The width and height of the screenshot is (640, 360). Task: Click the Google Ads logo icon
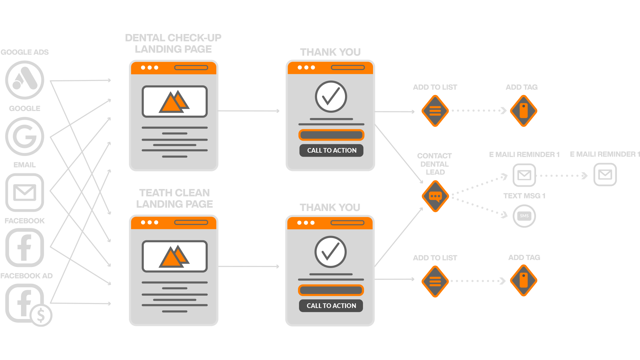click(x=25, y=80)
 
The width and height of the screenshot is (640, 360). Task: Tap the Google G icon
click(x=25, y=136)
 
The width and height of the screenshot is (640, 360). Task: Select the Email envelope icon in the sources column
click(x=25, y=192)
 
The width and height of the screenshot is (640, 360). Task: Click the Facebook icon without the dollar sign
click(x=25, y=248)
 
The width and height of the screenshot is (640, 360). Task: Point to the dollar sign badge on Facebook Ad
click(x=41, y=315)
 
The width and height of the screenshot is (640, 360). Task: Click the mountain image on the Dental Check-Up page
click(x=175, y=102)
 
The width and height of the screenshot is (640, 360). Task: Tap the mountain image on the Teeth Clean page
click(x=175, y=256)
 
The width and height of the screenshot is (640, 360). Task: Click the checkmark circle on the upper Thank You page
click(x=331, y=97)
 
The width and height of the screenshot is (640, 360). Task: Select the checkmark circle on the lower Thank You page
click(x=331, y=252)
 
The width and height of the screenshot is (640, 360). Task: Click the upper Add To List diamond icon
click(x=435, y=111)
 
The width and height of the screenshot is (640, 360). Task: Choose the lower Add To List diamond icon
click(x=435, y=281)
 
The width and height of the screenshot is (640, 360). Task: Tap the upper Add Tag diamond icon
click(x=524, y=111)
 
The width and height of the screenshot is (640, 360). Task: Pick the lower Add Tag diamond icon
click(x=524, y=281)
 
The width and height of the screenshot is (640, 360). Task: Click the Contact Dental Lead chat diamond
click(x=435, y=196)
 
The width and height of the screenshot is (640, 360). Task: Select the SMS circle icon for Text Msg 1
click(x=524, y=216)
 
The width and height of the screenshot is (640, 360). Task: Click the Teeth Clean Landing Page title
click(x=174, y=198)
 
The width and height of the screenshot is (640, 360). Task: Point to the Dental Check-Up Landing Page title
click(x=173, y=43)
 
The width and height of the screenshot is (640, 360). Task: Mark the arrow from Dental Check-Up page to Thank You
click(x=249, y=111)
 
